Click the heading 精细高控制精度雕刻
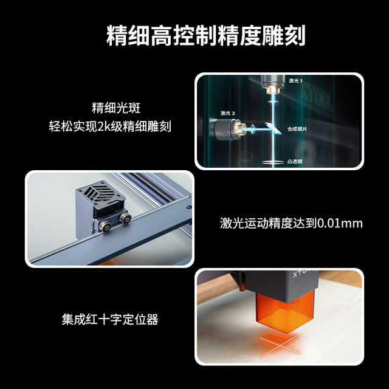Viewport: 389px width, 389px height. tap(205, 35)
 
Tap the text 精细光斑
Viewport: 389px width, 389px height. tap(116, 108)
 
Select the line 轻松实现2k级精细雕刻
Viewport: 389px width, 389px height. tap(110, 126)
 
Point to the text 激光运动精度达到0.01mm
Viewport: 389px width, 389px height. tap(291, 223)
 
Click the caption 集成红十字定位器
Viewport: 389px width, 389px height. tap(110, 320)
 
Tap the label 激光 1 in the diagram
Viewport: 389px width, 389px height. tap(295, 81)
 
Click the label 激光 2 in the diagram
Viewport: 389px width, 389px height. tap(228, 113)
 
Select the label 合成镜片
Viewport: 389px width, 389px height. tap(297, 129)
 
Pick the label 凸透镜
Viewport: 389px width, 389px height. tap(295, 162)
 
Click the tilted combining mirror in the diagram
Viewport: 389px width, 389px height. tap(273, 128)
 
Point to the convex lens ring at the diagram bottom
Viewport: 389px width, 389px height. tap(273, 162)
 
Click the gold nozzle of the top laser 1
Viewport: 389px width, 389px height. tap(273, 90)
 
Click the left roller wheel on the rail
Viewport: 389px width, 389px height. tap(105, 226)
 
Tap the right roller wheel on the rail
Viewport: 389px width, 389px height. tap(125, 218)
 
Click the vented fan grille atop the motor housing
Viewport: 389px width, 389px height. tap(100, 192)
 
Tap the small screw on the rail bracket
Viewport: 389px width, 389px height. tap(189, 207)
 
